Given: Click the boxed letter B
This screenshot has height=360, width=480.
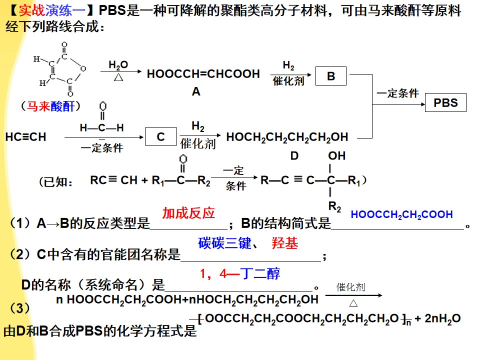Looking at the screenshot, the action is coord(331,76).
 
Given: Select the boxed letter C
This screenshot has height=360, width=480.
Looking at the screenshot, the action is coord(160,136).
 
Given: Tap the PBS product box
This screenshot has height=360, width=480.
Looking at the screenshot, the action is coord(445,102).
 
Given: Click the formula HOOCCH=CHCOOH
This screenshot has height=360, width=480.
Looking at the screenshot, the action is coord(203,74).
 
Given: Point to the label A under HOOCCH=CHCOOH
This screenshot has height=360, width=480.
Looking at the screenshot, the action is coord(196,91).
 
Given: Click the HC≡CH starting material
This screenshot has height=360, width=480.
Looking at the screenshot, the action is coord(25,137).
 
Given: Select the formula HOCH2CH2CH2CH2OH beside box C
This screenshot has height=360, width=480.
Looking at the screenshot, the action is coord(287,137).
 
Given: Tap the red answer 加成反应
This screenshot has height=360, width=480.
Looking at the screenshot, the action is coord(188,213).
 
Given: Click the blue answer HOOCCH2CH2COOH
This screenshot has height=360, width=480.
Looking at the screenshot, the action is coord(401,214).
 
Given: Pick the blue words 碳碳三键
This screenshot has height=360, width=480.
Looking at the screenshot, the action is coord(224,243).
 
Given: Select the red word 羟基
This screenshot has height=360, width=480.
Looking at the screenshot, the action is coord(284,243).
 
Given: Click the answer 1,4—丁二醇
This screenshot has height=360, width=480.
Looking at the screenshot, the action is coord(240,273).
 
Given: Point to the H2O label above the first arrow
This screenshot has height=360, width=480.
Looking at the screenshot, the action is coord(118,65).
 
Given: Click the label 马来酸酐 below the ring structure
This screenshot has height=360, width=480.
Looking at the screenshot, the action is coord(51,106).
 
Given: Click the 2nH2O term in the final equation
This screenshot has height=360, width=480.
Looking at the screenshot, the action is coord(442,318).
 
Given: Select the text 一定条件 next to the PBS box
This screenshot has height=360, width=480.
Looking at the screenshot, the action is coord(397,93).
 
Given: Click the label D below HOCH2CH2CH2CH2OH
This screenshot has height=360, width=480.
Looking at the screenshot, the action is coord(294,156).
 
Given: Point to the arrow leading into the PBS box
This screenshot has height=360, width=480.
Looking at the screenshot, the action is coord(398,104).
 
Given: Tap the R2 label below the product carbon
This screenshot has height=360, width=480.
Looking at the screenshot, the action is coord(334,206).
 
